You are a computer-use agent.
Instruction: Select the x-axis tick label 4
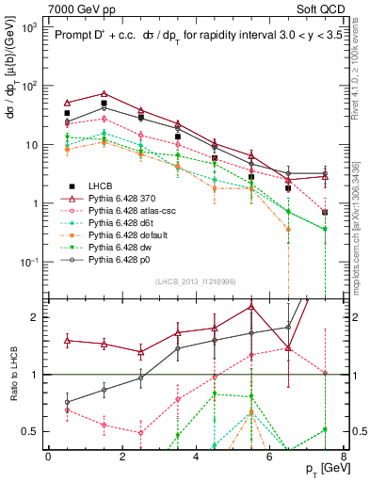click(195, 458)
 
